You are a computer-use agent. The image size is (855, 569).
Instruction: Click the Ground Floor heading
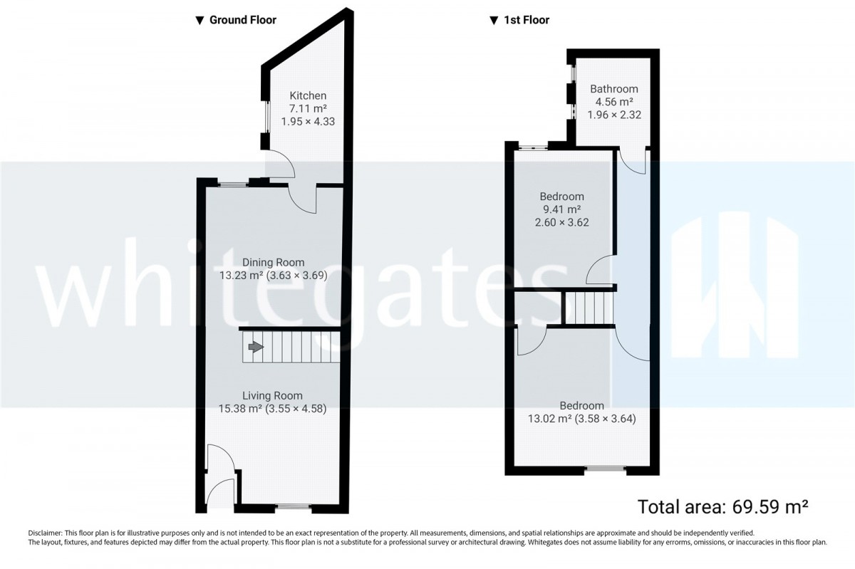pos(243,20)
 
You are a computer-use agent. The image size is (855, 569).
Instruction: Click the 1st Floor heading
pos(527,20)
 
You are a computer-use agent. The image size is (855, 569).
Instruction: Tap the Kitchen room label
pos(308,95)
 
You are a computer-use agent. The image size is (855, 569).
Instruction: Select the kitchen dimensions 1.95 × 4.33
pos(308,121)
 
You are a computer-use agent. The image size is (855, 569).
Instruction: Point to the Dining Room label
pos(274,262)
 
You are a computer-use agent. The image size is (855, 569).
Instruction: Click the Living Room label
pos(272,396)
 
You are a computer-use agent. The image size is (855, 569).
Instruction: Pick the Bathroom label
pos(614,89)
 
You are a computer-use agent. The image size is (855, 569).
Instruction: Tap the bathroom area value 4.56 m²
pos(614,102)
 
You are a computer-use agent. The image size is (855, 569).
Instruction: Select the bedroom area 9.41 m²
pos(562,209)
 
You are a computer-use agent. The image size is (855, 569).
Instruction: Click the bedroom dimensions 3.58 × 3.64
pos(606,419)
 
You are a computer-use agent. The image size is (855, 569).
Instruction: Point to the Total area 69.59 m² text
pos(723,507)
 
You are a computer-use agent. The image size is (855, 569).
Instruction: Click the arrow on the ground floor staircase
pos(256,347)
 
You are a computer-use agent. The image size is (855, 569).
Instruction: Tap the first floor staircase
pos(590,308)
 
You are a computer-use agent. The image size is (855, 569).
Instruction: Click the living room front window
pos(293,506)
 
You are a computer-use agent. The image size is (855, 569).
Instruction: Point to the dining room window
pos(234,185)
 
